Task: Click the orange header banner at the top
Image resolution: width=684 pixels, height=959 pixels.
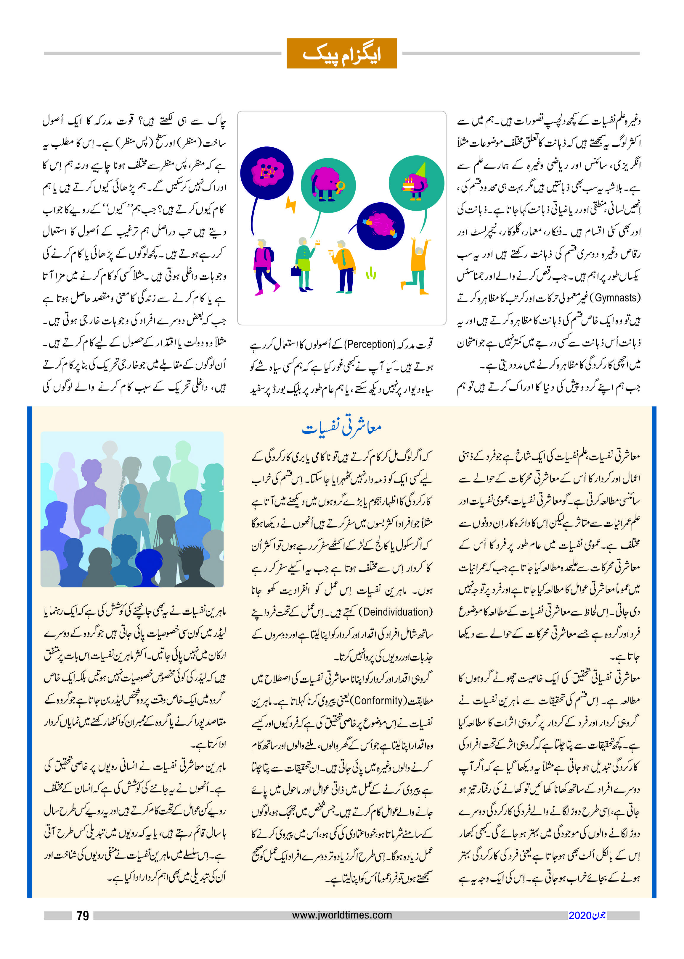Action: pos(342,54)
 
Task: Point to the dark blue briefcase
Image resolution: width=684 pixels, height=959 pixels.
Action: pos(296,271)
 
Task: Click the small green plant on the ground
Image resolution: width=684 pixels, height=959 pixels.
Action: pos(371,274)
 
